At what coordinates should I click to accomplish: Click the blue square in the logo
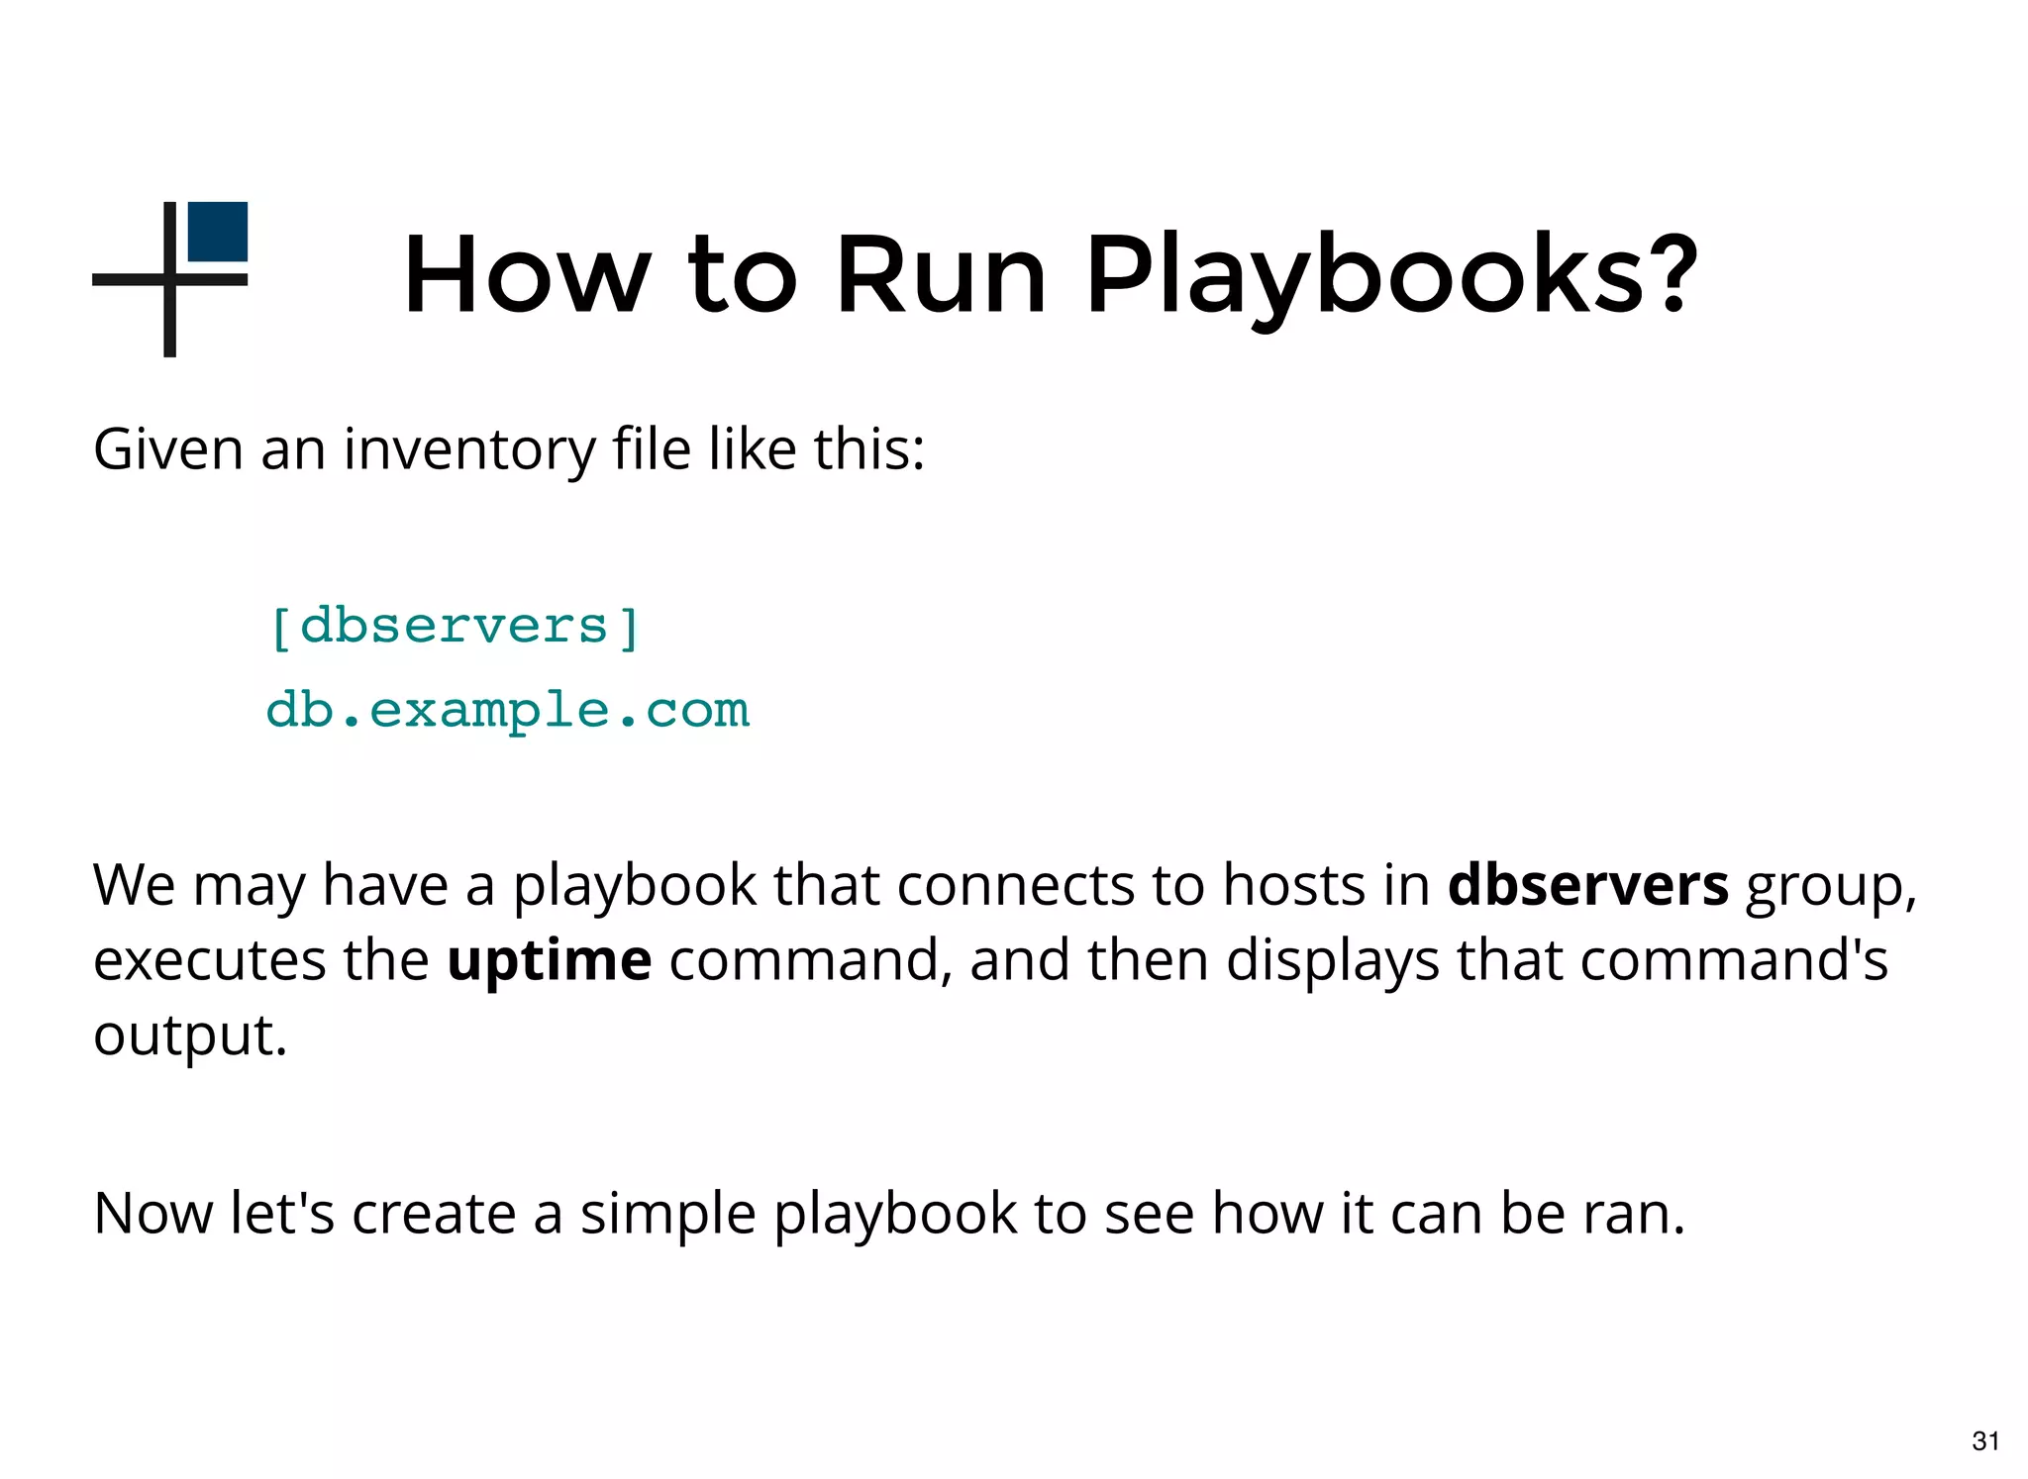(218, 232)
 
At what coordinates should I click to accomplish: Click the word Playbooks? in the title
(1391, 274)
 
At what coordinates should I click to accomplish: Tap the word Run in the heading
(941, 274)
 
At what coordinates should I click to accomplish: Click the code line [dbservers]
(455, 627)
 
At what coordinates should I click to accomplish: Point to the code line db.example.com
(508, 710)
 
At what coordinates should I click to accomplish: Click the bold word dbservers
(1587, 884)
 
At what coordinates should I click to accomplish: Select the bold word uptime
(550, 959)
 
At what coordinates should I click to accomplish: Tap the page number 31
(1985, 1440)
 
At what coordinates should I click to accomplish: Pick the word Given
(168, 449)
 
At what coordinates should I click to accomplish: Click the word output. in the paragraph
(190, 1035)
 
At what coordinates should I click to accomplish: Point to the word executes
(209, 959)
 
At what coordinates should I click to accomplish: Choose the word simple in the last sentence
(667, 1214)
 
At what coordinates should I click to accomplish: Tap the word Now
(152, 1214)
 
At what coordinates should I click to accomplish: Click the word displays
(1332, 959)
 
